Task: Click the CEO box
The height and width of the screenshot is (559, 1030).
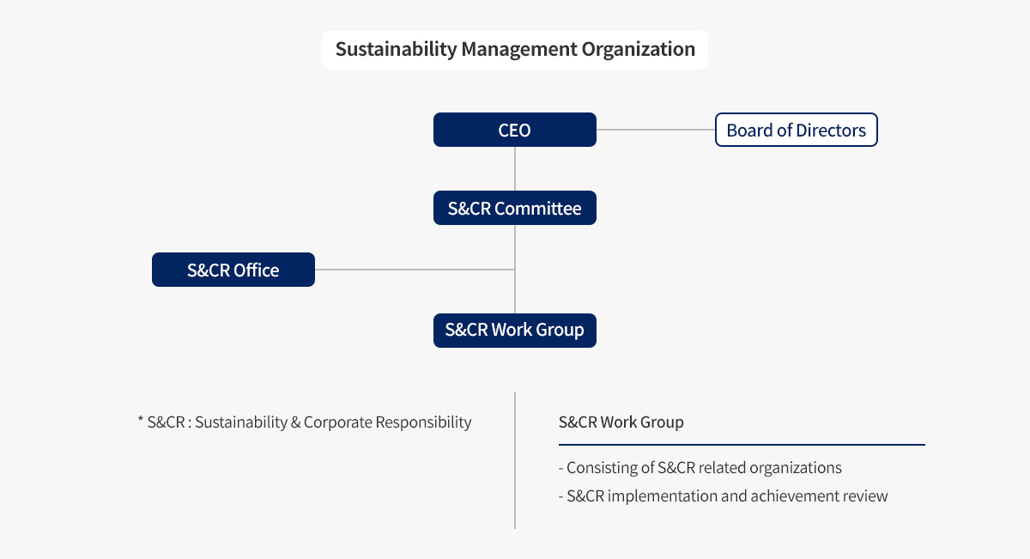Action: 514,130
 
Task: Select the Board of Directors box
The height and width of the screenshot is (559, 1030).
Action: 796,130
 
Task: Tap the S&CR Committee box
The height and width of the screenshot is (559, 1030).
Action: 514,208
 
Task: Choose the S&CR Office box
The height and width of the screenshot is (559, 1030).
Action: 233,270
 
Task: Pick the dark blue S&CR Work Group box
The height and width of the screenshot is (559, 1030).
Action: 514,331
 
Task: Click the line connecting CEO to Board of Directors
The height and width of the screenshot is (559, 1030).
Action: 656,130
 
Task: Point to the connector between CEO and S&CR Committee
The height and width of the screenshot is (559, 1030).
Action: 514,169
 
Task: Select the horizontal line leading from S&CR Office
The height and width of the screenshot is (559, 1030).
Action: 415,270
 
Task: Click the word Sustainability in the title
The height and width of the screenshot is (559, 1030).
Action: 396,49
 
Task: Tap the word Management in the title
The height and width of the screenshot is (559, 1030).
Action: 518,49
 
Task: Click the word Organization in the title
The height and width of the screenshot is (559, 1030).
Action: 639,49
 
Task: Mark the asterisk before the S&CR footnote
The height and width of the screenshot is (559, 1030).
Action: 140,419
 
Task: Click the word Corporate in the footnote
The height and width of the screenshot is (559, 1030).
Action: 338,422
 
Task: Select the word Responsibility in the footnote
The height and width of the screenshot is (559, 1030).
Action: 423,422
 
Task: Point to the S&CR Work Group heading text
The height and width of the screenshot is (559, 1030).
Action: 621,422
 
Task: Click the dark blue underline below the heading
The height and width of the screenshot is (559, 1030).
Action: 742,445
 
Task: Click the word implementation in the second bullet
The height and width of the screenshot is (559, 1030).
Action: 662,496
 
